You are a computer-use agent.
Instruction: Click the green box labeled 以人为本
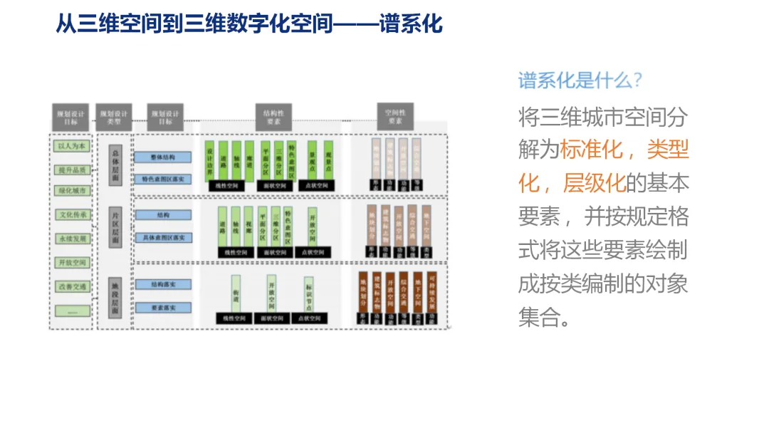(72, 146)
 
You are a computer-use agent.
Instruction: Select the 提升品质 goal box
(72, 169)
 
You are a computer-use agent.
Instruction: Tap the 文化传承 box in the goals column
(72, 215)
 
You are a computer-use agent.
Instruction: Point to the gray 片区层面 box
(115, 226)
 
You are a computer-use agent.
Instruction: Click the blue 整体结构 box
(163, 157)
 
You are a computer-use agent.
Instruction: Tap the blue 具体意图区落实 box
(163, 238)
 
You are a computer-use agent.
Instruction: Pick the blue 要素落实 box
(163, 308)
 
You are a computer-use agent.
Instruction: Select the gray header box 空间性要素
(395, 116)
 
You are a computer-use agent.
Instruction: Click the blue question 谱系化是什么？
(580, 80)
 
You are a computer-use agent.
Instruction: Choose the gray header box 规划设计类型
(114, 116)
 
